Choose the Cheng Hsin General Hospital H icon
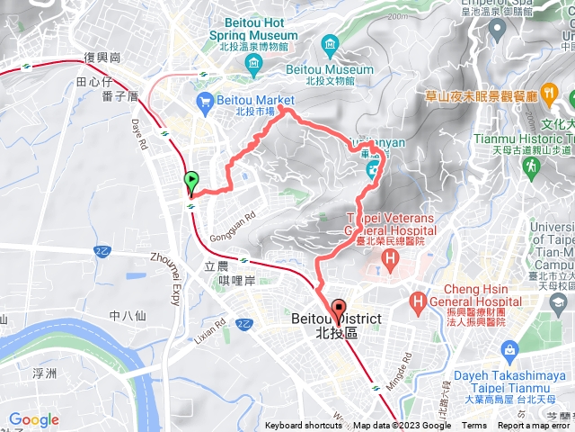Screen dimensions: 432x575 [x=418, y=300]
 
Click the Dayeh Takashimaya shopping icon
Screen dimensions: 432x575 [x=509, y=349]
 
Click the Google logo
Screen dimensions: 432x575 [x=34, y=419]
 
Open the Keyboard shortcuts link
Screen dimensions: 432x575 [x=303, y=426]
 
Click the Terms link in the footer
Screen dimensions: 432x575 [x=474, y=426]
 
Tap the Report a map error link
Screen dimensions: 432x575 [x=535, y=426]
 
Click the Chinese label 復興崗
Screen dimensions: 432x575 [x=102, y=57]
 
